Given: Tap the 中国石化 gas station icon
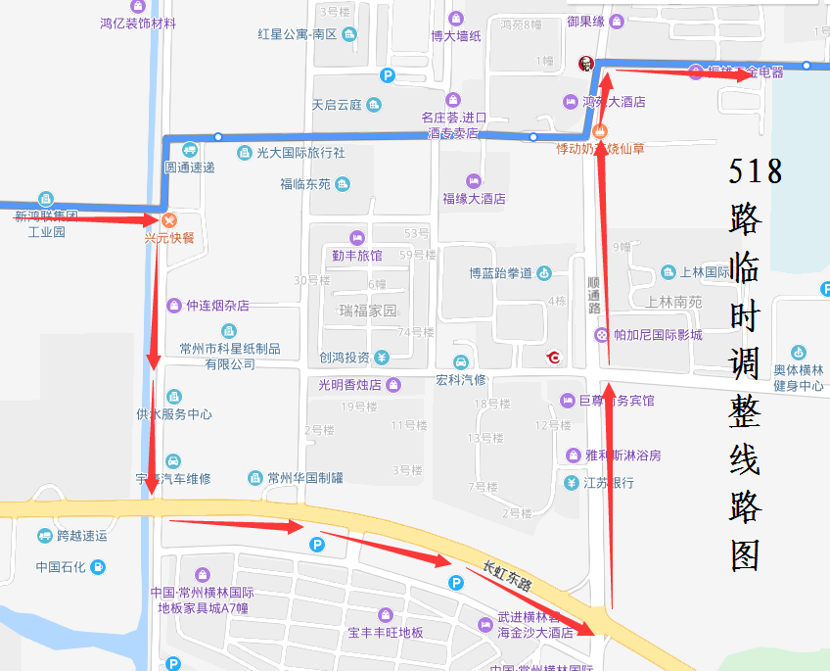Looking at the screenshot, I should click(98, 566).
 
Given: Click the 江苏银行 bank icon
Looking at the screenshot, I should click(572, 482).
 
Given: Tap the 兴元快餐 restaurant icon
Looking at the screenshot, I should click(169, 220).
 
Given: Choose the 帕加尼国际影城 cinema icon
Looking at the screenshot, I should click(601, 335).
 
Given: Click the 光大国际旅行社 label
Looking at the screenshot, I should click(300, 153).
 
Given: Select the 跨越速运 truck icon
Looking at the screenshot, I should click(45, 536).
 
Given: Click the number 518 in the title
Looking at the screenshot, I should click(756, 171).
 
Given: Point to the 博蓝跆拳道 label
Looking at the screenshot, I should click(500, 272).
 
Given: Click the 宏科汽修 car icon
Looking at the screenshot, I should click(461, 362).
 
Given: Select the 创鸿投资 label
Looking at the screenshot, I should click(344, 358).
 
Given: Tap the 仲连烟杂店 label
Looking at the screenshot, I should click(217, 306).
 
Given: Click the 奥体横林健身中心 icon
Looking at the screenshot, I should click(798, 354).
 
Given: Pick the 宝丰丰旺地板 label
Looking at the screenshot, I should click(386, 633).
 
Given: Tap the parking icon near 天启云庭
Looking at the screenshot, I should click(388, 75).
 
